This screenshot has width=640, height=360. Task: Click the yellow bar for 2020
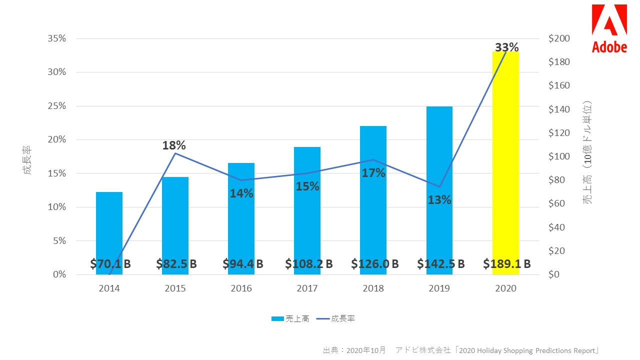pos(505,163)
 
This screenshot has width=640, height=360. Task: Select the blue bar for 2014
pos(109,233)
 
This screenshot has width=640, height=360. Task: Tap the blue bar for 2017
pos(307,211)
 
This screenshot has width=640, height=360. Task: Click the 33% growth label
pos(506,47)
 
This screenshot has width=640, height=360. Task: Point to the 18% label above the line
pos(174,145)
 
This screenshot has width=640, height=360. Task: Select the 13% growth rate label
pos(439,199)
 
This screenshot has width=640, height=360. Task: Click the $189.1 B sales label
pos(507,263)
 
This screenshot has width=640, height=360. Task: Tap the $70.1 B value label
pos(110,263)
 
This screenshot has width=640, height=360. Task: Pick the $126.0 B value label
pos(375,263)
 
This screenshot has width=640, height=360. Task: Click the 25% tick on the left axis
pos(56,106)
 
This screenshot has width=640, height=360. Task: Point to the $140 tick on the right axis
pos(559,109)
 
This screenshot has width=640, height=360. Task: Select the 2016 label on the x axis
pos(241,288)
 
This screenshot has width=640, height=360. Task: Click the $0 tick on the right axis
pos(553,274)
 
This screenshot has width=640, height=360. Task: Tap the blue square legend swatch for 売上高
pos(277,319)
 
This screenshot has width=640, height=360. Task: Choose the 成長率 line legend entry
pos(335,319)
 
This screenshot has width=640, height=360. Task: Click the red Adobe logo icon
pos(609,19)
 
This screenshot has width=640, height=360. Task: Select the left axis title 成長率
pos(27,160)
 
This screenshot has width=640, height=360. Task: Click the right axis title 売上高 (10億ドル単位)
pos(587,152)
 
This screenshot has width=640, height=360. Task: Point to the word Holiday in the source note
pos(489,350)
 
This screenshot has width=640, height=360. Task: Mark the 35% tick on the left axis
pos(56,38)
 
